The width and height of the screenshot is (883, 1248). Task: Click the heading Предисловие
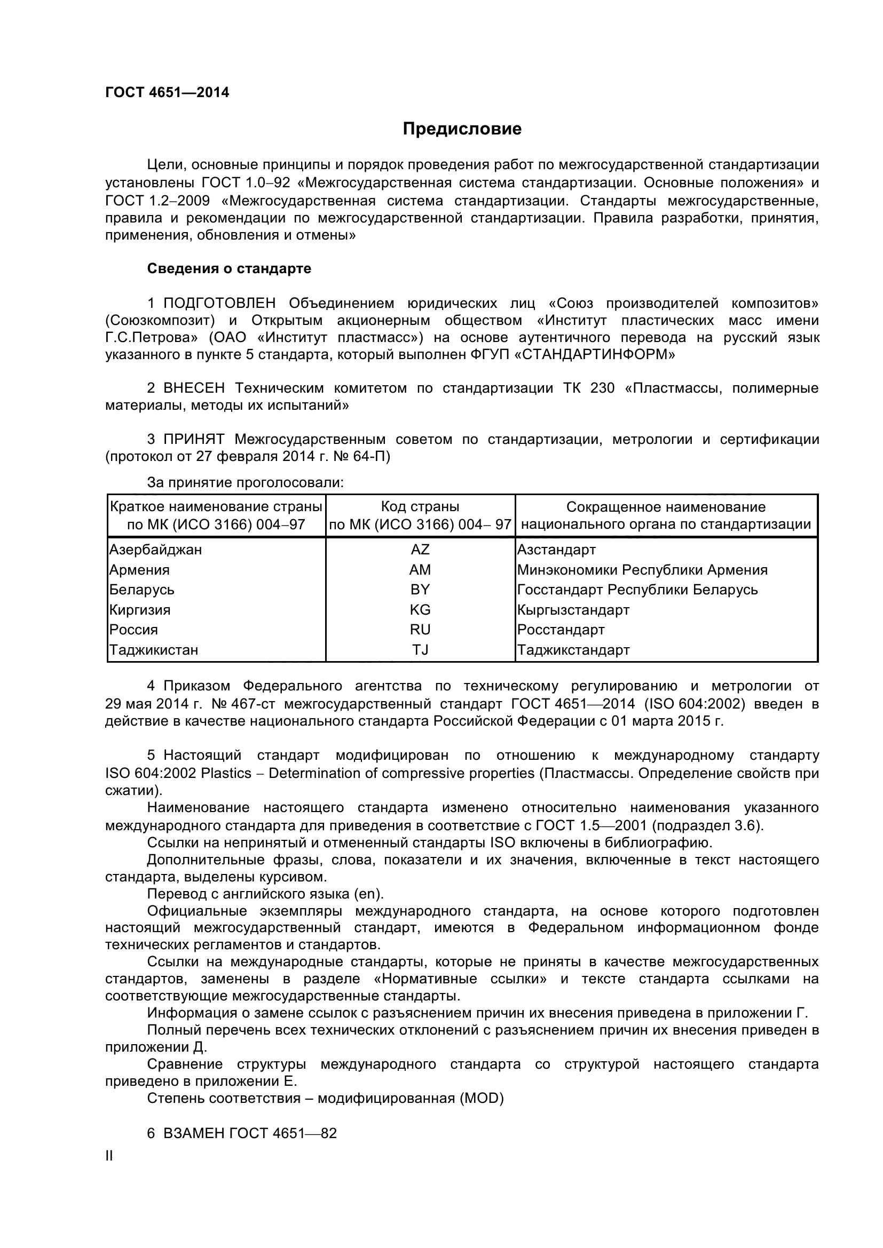coord(462,129)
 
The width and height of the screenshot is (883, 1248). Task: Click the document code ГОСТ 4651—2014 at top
coord(167,92)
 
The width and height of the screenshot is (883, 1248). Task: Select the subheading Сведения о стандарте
coord(229,268)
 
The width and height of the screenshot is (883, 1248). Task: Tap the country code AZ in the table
coord(420,550)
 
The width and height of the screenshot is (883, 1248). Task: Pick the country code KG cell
coord(420,610)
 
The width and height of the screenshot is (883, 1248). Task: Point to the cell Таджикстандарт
coord(573,650)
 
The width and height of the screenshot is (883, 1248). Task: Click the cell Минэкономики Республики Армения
coord(642,570)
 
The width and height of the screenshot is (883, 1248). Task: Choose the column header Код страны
coord(420,506)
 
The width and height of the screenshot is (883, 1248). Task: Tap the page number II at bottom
coord(109,1156)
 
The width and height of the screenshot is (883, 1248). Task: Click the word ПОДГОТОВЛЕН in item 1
coord(219,303)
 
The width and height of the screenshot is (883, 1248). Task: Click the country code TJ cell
coord(420,650)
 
